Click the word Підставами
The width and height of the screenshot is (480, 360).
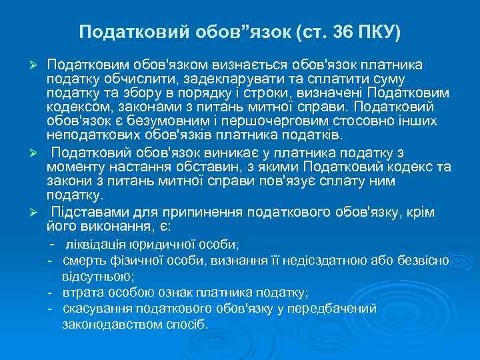87,213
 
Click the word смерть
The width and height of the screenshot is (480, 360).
84,260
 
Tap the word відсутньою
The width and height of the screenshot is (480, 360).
97,275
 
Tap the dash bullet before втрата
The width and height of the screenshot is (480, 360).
50,293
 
